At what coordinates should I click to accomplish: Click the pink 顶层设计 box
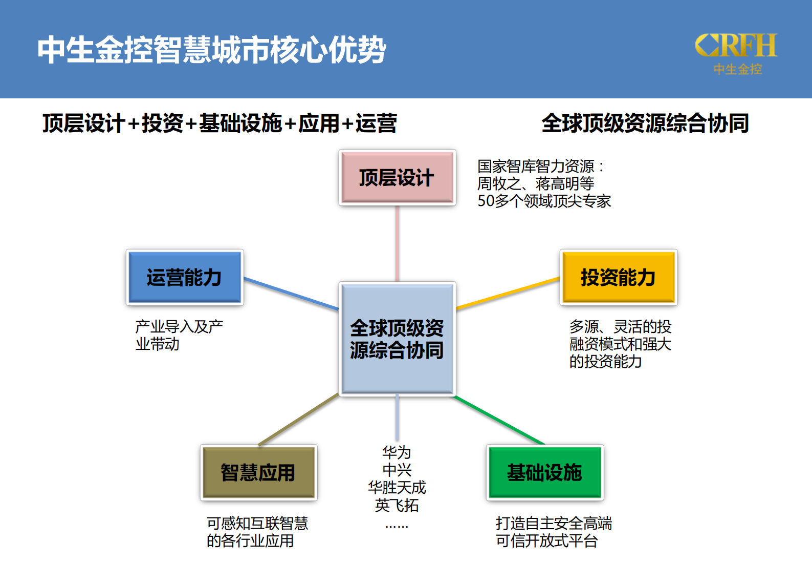coord(397,178)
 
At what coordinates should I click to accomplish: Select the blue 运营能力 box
coord(185,277)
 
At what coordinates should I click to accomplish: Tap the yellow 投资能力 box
coord(619,277)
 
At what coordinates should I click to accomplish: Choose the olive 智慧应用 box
coord(258,472)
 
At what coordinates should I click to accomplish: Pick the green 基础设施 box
coord(545,472)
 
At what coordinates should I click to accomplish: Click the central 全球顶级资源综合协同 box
coord(397,339)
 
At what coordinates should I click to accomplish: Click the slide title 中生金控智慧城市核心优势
coord(211,50)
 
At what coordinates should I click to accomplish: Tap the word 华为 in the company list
coord(397,452)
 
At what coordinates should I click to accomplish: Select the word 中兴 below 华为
coord(397,470)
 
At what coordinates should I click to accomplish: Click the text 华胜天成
coord(397,487)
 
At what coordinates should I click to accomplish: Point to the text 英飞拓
coord(397,506)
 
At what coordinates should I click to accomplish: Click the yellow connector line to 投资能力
coord(508,294)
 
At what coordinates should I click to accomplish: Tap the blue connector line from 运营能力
coord(291,293)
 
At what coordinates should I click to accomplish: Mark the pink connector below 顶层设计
coord(397,243)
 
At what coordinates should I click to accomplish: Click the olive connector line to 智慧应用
coord(299,420)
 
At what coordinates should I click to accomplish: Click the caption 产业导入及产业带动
coord(179,335)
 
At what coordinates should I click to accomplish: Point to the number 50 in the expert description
coord(486,201)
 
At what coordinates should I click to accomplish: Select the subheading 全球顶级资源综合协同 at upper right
coord(645,123)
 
